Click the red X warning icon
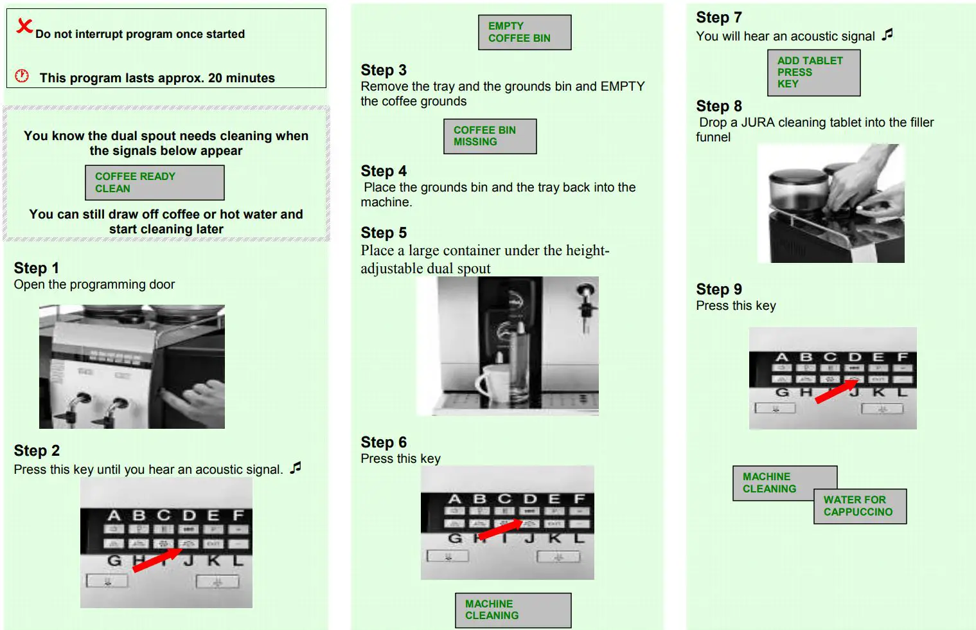[24, 26]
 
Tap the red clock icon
[22, 76]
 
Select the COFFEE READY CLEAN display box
[154, 183]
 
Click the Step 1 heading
[36, 268]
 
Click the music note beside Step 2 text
[296, 467]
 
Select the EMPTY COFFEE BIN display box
[524, 32]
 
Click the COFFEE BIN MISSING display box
[490, 136]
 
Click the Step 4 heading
[384, 171]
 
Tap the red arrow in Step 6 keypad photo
[500, 530]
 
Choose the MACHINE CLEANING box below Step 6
[513, 609]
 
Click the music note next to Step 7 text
[887, 35]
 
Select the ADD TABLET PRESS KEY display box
[813, 72]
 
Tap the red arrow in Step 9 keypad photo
[836, 391]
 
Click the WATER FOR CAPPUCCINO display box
[859, 506]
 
